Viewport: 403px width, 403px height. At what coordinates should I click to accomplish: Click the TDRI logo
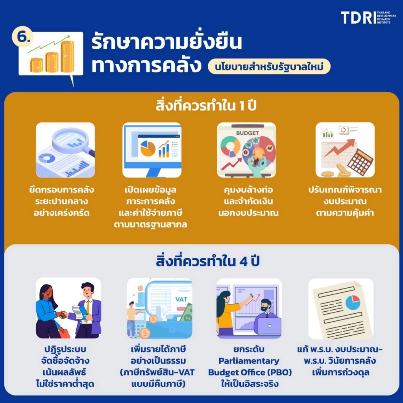coord(368,17)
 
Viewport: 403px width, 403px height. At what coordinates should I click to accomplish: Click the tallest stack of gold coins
coord(67,56)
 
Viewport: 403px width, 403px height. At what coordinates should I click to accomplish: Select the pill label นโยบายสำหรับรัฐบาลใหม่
coord(269,67)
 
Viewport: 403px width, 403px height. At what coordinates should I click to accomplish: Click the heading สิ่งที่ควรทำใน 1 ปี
coord(201,107)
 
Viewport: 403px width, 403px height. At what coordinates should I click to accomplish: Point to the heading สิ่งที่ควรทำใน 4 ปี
coord(201,261)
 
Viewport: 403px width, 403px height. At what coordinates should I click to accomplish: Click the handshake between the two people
coord(62,314)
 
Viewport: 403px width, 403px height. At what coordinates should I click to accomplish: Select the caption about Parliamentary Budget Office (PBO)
coord(249,366)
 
